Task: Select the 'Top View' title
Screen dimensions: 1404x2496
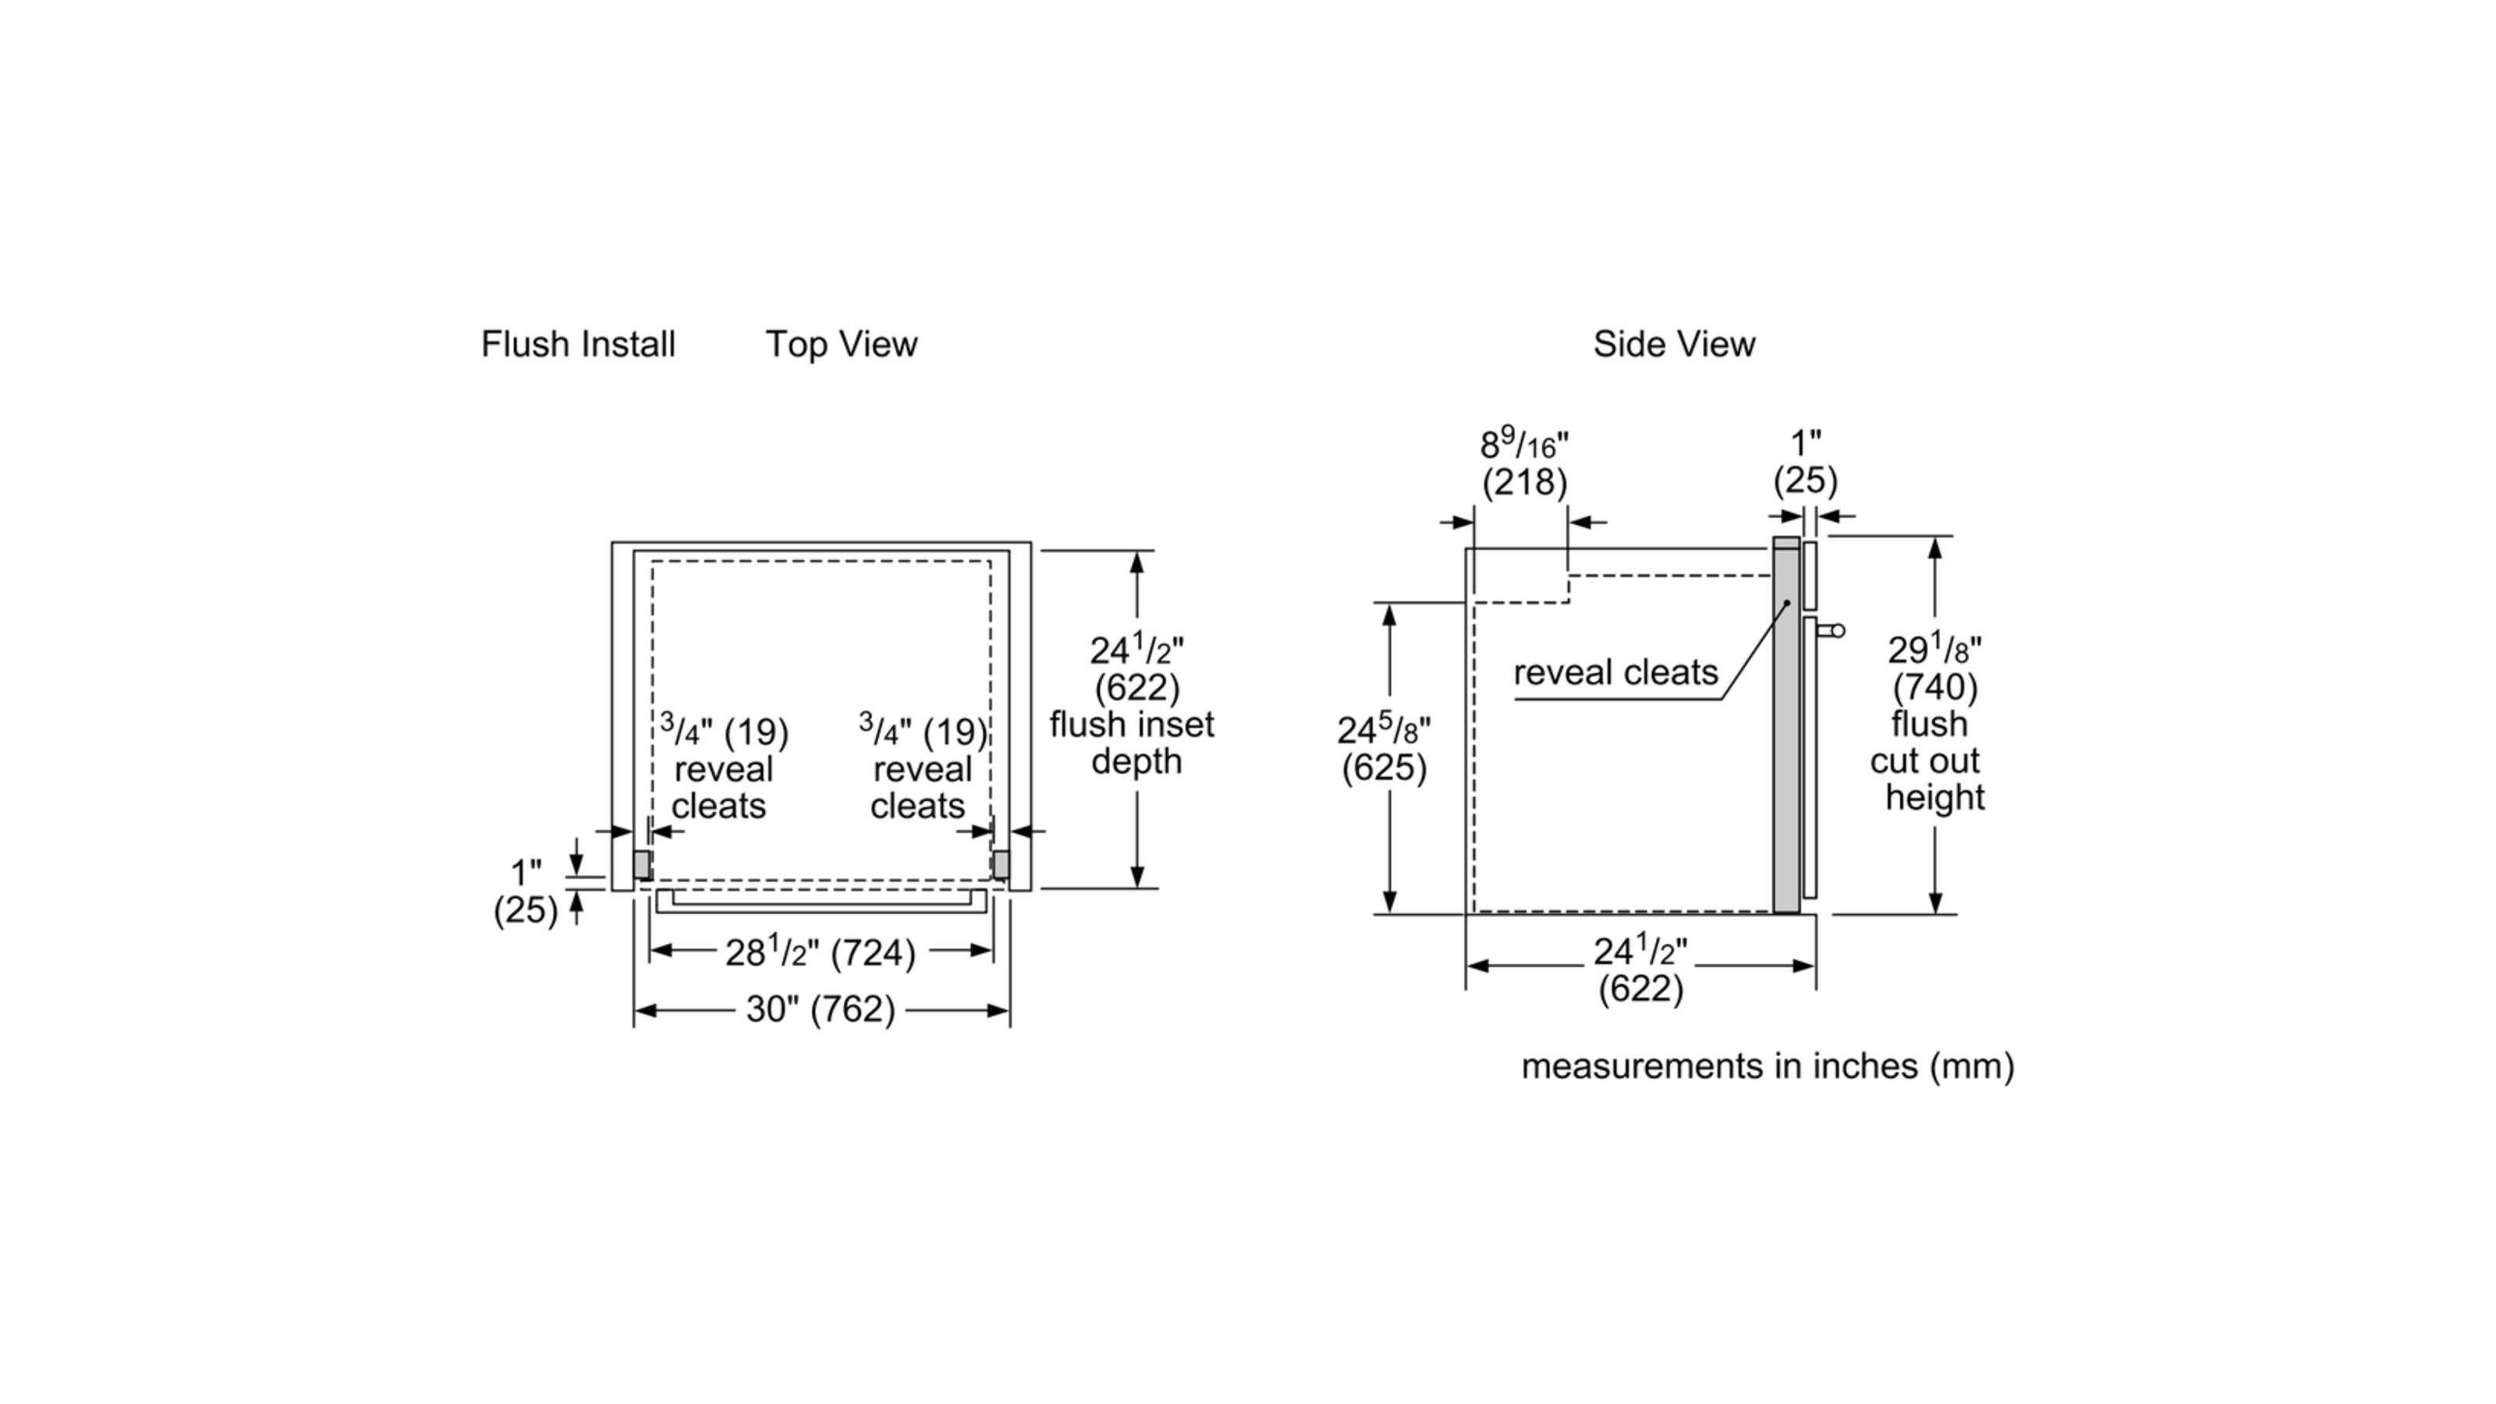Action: [841, 344]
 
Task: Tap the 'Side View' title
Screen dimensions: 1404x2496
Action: [1673, 344]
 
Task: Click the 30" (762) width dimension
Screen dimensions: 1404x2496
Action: [820, 1009]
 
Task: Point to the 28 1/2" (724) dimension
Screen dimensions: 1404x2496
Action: [820, 952]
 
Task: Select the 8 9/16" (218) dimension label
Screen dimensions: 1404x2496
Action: [1524, 463]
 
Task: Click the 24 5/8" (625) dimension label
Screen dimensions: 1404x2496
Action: [1384, 748]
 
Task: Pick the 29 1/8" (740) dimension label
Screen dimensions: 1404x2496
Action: [1934, 668]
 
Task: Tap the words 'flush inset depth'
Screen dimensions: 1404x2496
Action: [1132, 743]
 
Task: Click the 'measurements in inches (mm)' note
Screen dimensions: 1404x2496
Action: [1767, 1065]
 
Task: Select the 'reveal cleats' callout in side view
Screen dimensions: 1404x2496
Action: [1615, 672]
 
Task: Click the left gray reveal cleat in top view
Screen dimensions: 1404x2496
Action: [641, 864]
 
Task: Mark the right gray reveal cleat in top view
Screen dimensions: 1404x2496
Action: [1001, 864]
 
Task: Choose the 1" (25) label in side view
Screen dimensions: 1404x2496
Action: [1805, 463]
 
